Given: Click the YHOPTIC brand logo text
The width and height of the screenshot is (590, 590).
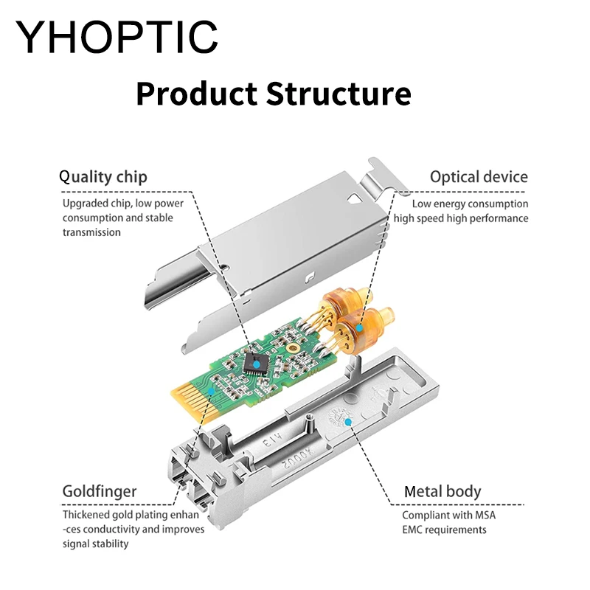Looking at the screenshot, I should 118,35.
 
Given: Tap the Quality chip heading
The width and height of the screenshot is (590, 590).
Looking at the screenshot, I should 103,177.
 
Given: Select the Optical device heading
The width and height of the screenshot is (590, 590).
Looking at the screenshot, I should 479,177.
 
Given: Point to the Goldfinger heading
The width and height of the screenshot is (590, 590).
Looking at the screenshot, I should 99,491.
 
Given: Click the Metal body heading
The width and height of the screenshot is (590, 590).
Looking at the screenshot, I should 442,491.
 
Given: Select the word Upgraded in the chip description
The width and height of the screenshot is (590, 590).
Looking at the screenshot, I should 86,204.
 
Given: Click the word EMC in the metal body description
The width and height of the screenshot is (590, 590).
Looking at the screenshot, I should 414,529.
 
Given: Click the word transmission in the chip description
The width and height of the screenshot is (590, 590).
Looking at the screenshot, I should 91,232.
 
